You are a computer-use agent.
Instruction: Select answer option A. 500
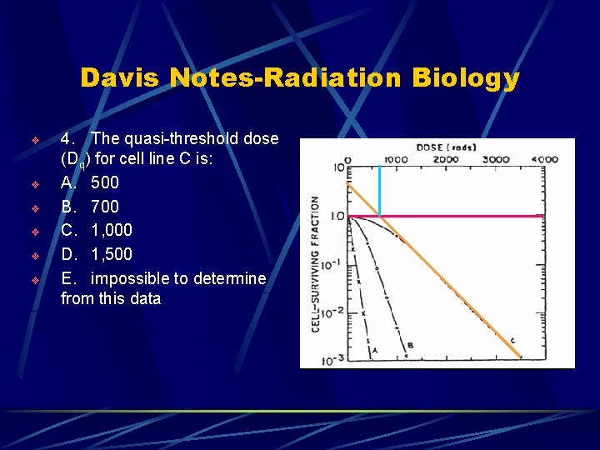91,182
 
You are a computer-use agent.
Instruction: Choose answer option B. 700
91,206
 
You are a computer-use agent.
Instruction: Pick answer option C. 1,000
97,229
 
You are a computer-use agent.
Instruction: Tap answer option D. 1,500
97,253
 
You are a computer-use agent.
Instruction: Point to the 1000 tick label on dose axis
396,159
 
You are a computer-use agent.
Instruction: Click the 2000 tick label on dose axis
447,159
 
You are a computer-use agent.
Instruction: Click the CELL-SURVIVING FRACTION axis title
316,263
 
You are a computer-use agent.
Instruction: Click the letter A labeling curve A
375,352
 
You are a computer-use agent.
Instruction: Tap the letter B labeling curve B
410,344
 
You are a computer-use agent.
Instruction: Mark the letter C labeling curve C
512,339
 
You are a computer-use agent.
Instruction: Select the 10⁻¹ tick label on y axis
332,263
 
